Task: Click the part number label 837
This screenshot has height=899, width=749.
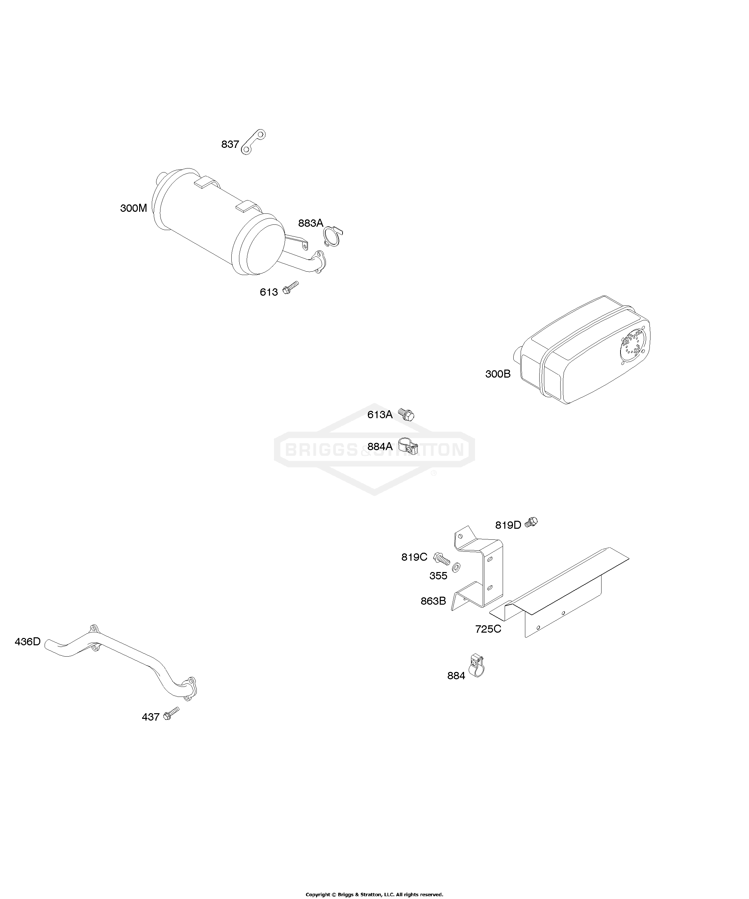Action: coord(230,144)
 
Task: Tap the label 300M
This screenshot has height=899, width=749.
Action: coord(133,208)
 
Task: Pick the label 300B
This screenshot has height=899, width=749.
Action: coord(498,374)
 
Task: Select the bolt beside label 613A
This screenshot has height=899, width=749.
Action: coord(406,414)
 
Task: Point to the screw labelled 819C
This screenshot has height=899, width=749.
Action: coord(442,559)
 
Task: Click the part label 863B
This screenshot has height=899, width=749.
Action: coord(433,601)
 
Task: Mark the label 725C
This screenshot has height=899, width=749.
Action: coord(488,629)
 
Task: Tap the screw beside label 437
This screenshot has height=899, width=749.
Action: coord(172,713)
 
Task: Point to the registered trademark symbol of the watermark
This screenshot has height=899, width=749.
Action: coord(433,473)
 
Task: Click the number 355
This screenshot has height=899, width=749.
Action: coord(438,576)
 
